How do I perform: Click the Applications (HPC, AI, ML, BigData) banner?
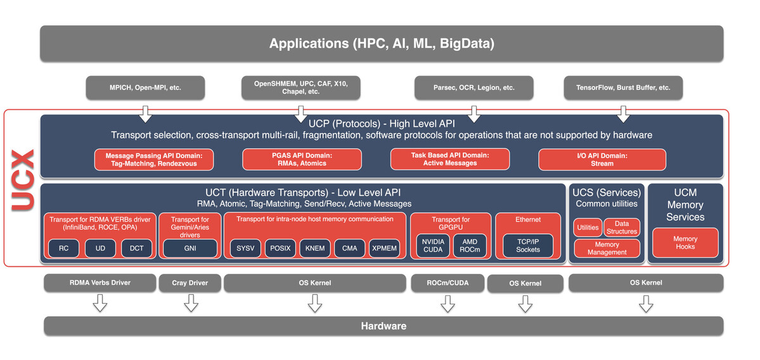click(x=382, y=44)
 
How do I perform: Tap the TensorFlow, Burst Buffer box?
click(x=623, y=87)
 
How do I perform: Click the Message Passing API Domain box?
click(x=154, y=160)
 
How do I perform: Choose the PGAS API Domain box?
click(x=302, y=159)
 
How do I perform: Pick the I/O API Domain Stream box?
click(x=602, y=160)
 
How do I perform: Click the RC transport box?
click(x=63, y=248)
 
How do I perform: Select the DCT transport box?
click(x=137, y=248)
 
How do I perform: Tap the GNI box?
click(x=190, y=248)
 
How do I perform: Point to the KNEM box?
click(x=315, y=248)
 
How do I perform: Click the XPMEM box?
click(x=384, y=248)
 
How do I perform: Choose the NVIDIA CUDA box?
click(x=433, y=245)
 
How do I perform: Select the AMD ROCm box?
click(x=470, y=245)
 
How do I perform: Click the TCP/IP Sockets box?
click(x=528, y=245)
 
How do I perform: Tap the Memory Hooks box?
click(x=685, y=243)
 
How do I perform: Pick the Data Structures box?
click(x=622, y=228)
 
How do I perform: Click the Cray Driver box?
click(x=190, y=283)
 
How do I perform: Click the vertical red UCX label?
click(x=23, y=181)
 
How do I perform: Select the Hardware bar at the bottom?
click(x=383, y=326)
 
